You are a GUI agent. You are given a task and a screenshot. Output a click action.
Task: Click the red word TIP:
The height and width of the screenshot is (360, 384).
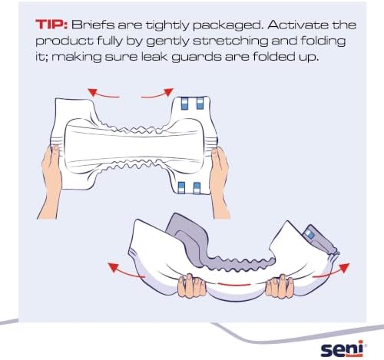pyautogui.click(x=51, y=25)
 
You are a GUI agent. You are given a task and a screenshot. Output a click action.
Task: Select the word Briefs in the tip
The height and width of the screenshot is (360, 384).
pyautogui.click(x=93, y=25)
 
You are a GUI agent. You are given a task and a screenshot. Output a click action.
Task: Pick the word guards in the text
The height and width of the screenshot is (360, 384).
pyautogui.click(x=196, y=58)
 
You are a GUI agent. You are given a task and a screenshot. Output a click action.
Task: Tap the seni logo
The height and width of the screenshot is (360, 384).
pyautogui.click(x=342, y=348)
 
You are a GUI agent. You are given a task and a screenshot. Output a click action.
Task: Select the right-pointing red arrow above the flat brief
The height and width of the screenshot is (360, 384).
pyautogui.click(x=157, y=94)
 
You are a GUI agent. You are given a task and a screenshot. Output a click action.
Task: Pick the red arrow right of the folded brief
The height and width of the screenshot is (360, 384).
pyautogui.click(x=331, y=271)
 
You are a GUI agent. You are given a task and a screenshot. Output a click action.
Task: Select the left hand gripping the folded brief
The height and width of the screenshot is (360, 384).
pyautogui.click(x=191, y=286)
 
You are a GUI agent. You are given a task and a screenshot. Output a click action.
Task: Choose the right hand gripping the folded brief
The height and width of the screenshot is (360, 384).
pyautogui.click(x=280, y=286)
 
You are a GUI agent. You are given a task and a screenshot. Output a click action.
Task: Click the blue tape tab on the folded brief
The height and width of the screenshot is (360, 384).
pyautogui.click(x=310, y=234)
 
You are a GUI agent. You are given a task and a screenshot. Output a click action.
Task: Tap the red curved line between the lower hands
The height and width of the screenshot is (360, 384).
pyautogui.click(x=234, y=284)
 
